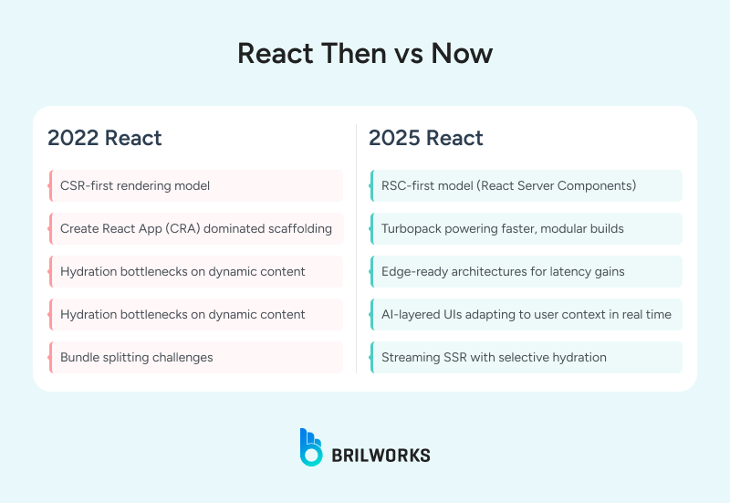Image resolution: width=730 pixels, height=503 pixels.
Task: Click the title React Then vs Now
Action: tap(365, 53)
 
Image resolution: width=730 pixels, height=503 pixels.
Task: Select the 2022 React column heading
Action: tap(105, 139)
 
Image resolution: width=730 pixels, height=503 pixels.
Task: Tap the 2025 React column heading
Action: tap(426, 139)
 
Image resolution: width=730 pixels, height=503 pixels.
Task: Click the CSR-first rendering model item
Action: tap(135, 185)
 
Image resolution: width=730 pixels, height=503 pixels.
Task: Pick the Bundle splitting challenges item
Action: tap(137, 357)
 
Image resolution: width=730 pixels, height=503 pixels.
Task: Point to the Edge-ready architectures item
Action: tap(503, 271)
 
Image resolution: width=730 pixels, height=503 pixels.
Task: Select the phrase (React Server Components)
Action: tap(558, 185)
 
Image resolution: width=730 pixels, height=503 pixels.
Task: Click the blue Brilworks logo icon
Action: tap(311, 446)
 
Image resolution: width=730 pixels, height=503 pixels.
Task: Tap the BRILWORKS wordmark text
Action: tap(381, 455)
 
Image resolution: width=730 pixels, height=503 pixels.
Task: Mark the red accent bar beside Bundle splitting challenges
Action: tap(49, 357)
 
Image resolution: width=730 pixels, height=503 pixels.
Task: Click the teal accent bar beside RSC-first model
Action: tap(371, 185)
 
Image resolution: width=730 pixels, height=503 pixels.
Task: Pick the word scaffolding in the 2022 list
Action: tap(293, 228)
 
